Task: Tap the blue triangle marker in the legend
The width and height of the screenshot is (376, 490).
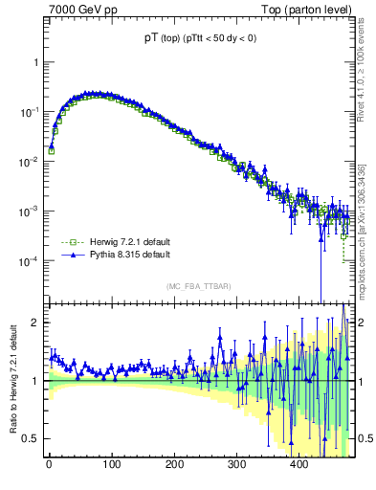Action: click(x=70, y=256)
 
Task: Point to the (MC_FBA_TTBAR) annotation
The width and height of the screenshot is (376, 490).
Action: click(x=198, y=286)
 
